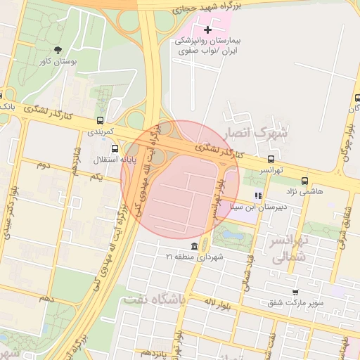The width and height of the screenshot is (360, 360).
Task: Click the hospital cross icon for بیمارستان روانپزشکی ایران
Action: click(207, 30)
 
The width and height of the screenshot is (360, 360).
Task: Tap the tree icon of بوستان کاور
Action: click(58, 50)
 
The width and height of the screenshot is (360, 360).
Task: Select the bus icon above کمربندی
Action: click(101, 120)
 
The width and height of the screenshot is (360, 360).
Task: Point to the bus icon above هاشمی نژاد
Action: click(304, 180)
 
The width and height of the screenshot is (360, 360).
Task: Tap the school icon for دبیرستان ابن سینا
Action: click(259, 195)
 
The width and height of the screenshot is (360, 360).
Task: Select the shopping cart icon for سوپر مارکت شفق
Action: click(295, 292)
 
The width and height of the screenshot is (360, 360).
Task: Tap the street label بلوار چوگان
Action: click(349, 141)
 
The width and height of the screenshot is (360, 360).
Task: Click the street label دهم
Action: click(46, 300)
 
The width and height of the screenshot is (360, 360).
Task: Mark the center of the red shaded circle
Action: click(181, 179)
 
